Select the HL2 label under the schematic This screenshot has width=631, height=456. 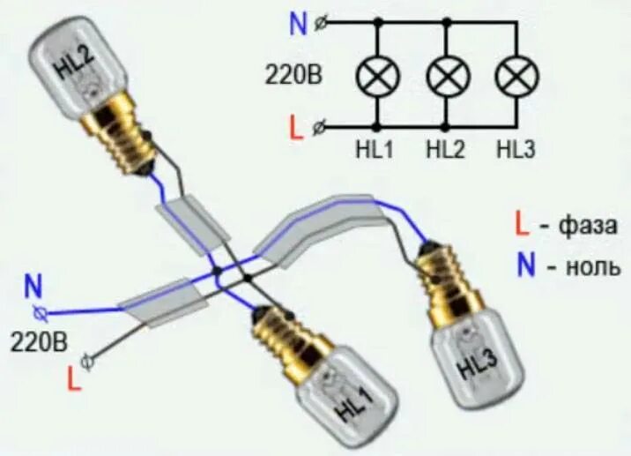pyautogui.click(x=445, y=150)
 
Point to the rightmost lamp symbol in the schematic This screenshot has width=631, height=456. pyautogui.click(x=516, y=78)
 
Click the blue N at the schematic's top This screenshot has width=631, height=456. pyautogui.click(x=299, y=24)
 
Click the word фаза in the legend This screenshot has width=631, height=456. pyautogui.click(x=583, y=226)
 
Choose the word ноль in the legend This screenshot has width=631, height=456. pyautogui.click(x=582, y=265)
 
